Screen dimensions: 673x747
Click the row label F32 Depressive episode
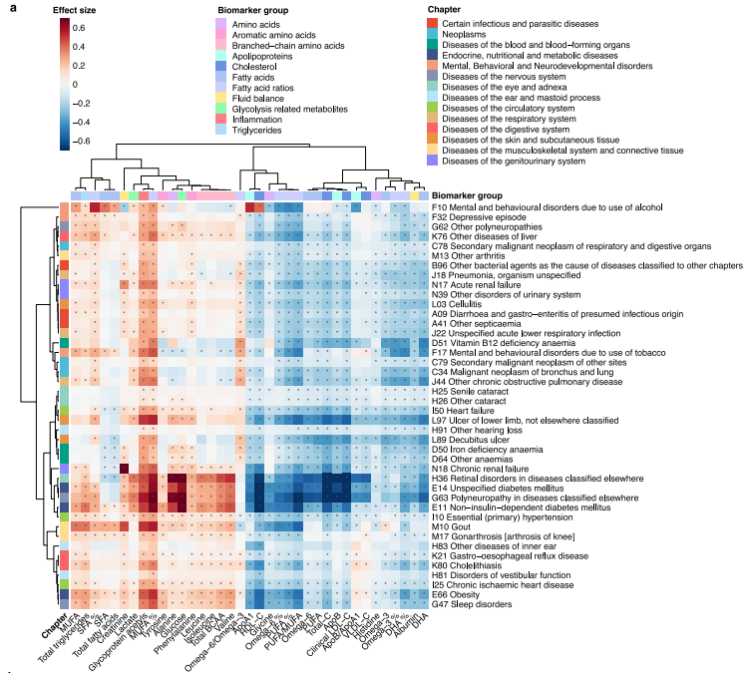[471, 216]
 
